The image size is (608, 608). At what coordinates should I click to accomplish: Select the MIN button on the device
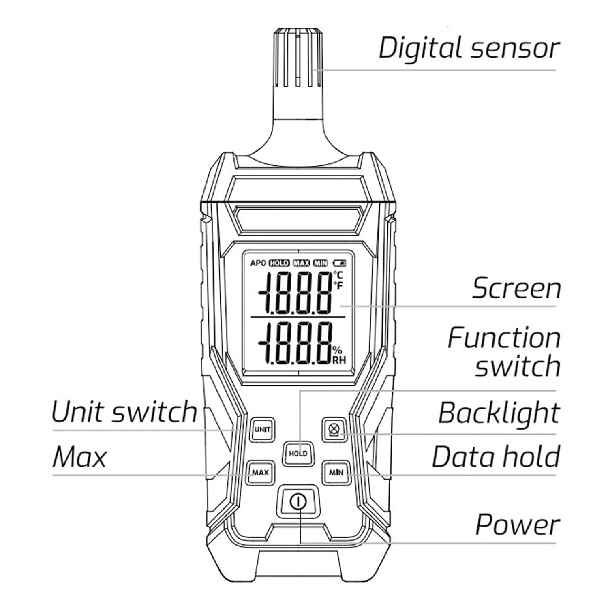336,472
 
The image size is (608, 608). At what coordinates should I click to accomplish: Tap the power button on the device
298,502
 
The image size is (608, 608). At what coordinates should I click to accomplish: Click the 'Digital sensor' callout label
469,48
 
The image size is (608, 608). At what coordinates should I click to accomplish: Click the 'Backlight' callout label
499,413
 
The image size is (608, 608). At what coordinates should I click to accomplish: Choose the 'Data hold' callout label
496,457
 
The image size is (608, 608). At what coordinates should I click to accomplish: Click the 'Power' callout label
517,525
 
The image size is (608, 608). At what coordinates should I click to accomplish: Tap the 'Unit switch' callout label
124,412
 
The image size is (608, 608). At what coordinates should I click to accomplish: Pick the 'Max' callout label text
79,457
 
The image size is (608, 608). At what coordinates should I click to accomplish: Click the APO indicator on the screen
258,263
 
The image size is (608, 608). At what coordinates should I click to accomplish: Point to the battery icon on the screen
340,263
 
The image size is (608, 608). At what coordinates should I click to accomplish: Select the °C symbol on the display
338,276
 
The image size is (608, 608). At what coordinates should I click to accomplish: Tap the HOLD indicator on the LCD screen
279,263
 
